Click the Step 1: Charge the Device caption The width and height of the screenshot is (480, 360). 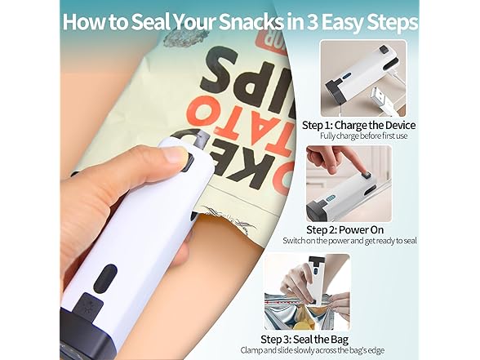[x=358, y=125]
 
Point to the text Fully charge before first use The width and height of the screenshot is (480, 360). [x=358, y=136]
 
